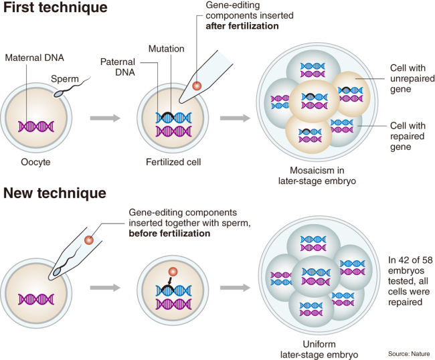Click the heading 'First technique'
point(55,11)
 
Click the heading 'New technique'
point(54,194)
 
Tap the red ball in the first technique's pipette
point(197,86)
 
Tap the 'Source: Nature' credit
point(408,353)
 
